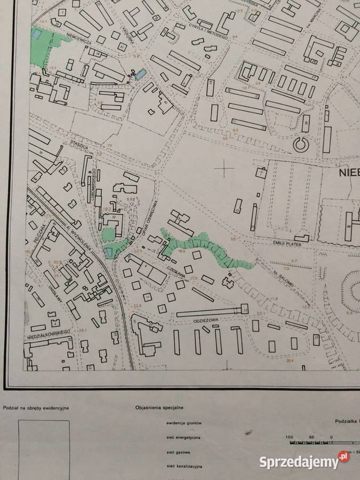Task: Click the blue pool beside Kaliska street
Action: [140, 74]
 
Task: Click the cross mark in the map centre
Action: [225, 169]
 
